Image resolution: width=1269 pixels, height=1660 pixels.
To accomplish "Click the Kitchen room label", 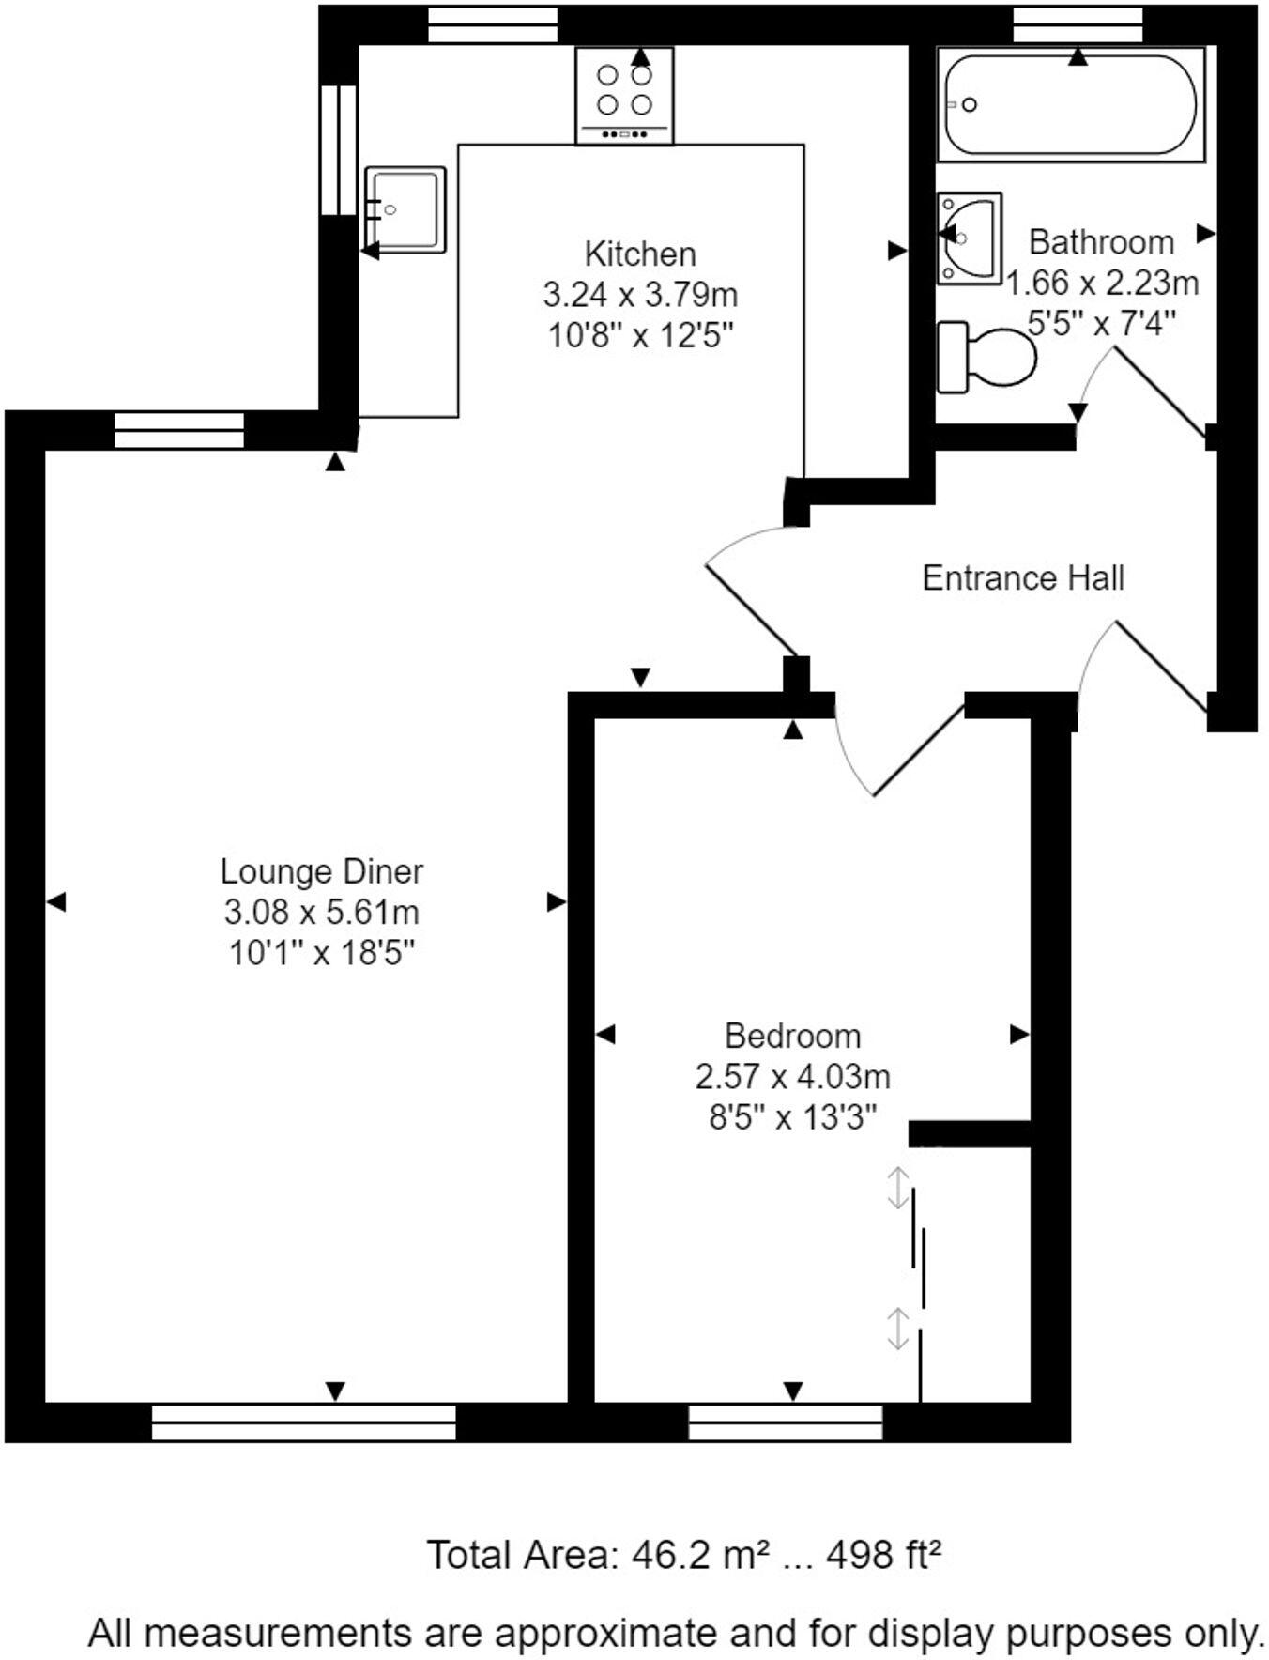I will (640, 254).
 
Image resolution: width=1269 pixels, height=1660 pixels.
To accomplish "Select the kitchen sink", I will (405, 209).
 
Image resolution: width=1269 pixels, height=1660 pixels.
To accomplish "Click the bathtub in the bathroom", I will (1070, 104).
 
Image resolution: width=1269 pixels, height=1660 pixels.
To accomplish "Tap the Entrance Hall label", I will (1023, 577).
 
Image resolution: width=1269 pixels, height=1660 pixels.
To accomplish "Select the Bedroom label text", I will (792, 1036).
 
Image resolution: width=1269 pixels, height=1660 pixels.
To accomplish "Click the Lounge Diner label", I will (321, 871).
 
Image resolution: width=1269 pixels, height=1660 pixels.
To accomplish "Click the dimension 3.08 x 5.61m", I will (321, 912).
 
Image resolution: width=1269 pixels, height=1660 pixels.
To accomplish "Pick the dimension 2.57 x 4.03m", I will (792, 1076).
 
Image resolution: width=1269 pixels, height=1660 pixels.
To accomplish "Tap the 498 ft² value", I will (883, 1556).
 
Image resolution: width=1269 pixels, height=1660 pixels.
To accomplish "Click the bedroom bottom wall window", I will (785, 1422).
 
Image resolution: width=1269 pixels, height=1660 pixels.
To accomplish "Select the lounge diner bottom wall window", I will (303, 1422).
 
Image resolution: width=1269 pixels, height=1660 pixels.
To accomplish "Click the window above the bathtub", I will (1078, 25).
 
